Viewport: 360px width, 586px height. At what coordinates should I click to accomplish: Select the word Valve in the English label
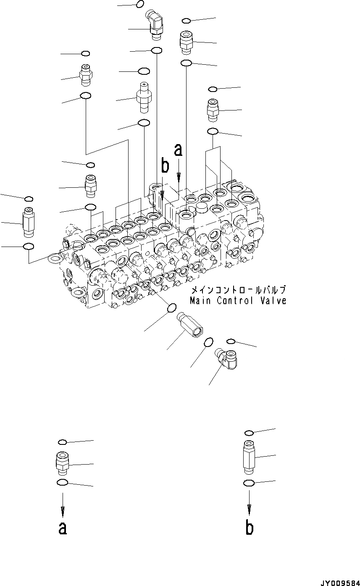pyautogui.click(x=272, y=301)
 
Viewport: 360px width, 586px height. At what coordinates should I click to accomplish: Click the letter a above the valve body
pyautogui.click(x=179, y=150)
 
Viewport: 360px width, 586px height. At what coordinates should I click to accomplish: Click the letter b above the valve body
pyautogui.click(x=165, y=166)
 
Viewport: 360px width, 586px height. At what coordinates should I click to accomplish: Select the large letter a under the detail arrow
pyautogui.click(x=63, y=528)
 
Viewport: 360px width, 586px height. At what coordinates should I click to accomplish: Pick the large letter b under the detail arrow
pyautogui.click(x=250, y=528)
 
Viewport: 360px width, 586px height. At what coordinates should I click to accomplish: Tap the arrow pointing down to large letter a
pyautogui.click(x=63, y=505)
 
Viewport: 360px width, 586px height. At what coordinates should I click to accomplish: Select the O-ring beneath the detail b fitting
pyautogui.click(x=249, y=484)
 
